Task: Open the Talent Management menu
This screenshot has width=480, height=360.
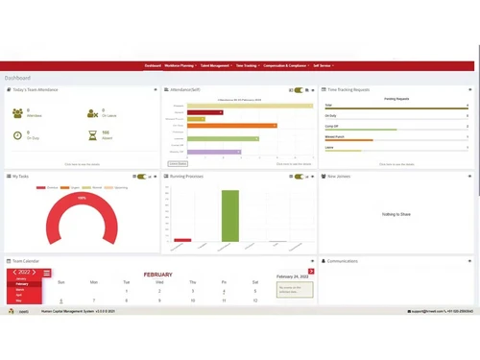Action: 216,65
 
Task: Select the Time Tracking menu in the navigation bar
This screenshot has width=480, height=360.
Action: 248,65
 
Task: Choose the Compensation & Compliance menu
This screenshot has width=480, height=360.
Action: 286,65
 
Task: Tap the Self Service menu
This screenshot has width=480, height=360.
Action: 324,65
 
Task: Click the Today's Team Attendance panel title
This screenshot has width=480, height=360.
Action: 36,89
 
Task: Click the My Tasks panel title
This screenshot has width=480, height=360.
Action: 21,177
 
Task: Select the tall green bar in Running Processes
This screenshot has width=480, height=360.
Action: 229,215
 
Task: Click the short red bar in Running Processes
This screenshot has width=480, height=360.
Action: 181,239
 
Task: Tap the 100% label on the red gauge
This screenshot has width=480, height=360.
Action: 82,198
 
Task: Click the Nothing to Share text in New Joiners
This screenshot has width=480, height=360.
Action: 396,214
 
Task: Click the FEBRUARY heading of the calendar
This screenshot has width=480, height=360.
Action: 158,274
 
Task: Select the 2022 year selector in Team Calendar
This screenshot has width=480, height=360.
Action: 26,273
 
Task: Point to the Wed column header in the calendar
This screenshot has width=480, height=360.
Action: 159,282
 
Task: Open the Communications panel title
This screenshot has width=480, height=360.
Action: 343,261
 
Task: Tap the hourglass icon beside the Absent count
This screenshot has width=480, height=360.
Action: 92,135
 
